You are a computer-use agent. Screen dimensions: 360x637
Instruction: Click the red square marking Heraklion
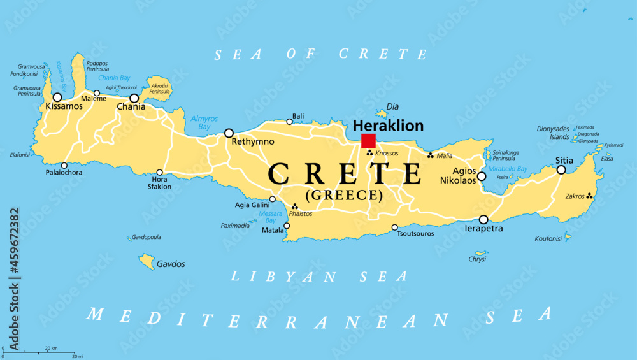[368, 141]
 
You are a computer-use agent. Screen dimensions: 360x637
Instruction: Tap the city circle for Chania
[134, 98]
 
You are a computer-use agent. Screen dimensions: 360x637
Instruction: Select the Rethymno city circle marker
[229, 133]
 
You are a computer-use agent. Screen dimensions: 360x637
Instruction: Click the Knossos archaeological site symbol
[369, 153]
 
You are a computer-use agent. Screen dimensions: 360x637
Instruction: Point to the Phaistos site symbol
[294, 206]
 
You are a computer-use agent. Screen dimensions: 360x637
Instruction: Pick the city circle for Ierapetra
[483, 219]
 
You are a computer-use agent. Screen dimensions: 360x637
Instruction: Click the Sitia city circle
[561, 169]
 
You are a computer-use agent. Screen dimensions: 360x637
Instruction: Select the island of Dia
[382, 113]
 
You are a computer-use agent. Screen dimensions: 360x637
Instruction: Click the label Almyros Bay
[204, 122]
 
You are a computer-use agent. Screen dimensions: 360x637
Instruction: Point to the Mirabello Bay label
[508, 169]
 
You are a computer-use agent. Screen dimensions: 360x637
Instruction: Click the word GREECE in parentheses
[345, 196]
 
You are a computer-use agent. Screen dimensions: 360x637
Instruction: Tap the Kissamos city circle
[57, 97]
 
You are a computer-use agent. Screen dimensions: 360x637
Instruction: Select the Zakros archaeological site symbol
[590, 196]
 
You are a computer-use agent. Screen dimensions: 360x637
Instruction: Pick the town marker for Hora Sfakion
[159, 172]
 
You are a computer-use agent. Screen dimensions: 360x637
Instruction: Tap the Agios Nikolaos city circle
[482, 176]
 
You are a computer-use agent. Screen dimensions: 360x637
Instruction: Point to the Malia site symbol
[431, 155]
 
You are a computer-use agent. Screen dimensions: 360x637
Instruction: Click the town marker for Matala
[287, 226]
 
